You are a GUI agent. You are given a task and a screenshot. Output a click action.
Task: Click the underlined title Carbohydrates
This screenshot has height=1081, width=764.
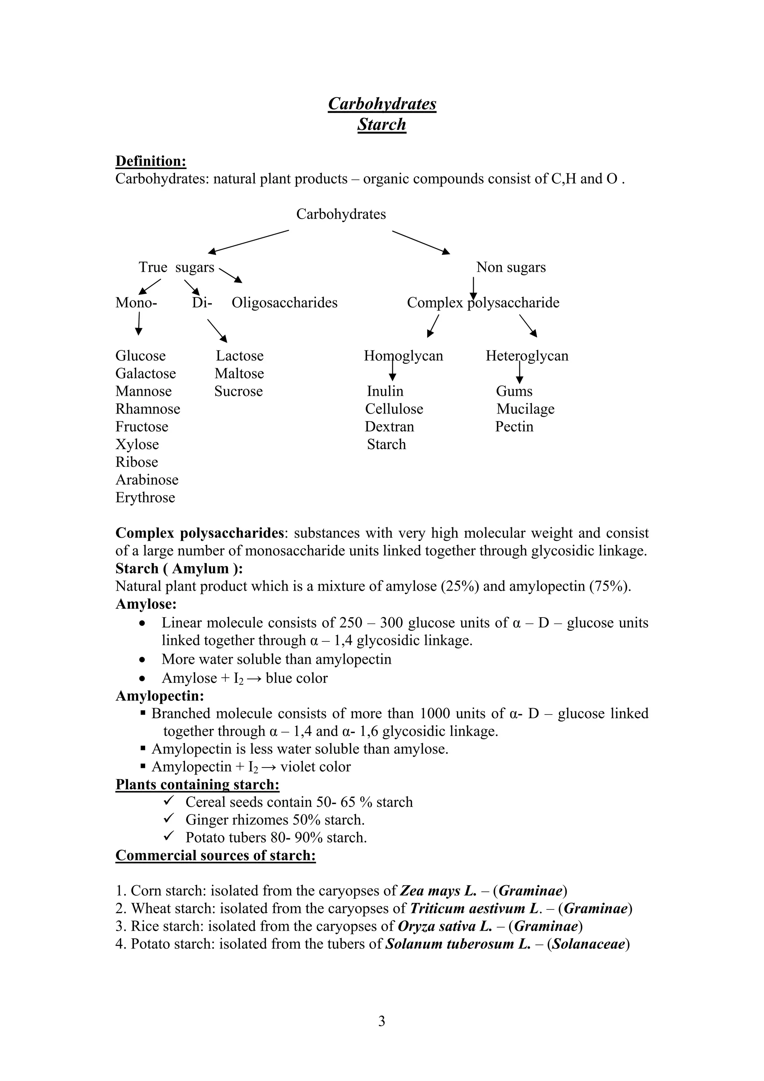[382, 104]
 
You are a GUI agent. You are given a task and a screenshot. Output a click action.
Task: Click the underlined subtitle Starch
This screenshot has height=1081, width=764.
[381, 124]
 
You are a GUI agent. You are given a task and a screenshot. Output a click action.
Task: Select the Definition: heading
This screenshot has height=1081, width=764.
[151, 161]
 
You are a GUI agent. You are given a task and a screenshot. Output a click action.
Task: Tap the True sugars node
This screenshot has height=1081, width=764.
[176, 268]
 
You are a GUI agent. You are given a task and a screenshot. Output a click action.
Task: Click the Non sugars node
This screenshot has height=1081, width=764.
[511, 268]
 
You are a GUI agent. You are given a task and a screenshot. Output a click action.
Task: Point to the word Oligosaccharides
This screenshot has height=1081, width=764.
[284, 303]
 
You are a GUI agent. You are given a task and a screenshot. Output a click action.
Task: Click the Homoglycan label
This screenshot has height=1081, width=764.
[403, 356]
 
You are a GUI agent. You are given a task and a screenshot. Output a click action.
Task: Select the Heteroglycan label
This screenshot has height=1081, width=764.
[527, 356]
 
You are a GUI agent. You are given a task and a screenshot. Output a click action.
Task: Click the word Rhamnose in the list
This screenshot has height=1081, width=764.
[148, 409]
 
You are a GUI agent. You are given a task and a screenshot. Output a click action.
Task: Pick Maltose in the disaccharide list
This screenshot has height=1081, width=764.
[239, 374]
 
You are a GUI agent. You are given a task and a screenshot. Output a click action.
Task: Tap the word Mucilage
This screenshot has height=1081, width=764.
[525, 409]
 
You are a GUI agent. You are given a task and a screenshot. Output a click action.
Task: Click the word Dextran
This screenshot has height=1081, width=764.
[389, 427]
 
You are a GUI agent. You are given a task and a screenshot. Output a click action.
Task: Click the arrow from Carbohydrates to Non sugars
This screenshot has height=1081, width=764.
[420, 243]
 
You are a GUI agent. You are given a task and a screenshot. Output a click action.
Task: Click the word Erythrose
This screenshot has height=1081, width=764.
[145, 498]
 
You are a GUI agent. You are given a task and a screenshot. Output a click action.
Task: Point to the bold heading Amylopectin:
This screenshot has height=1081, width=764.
[160, 696]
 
